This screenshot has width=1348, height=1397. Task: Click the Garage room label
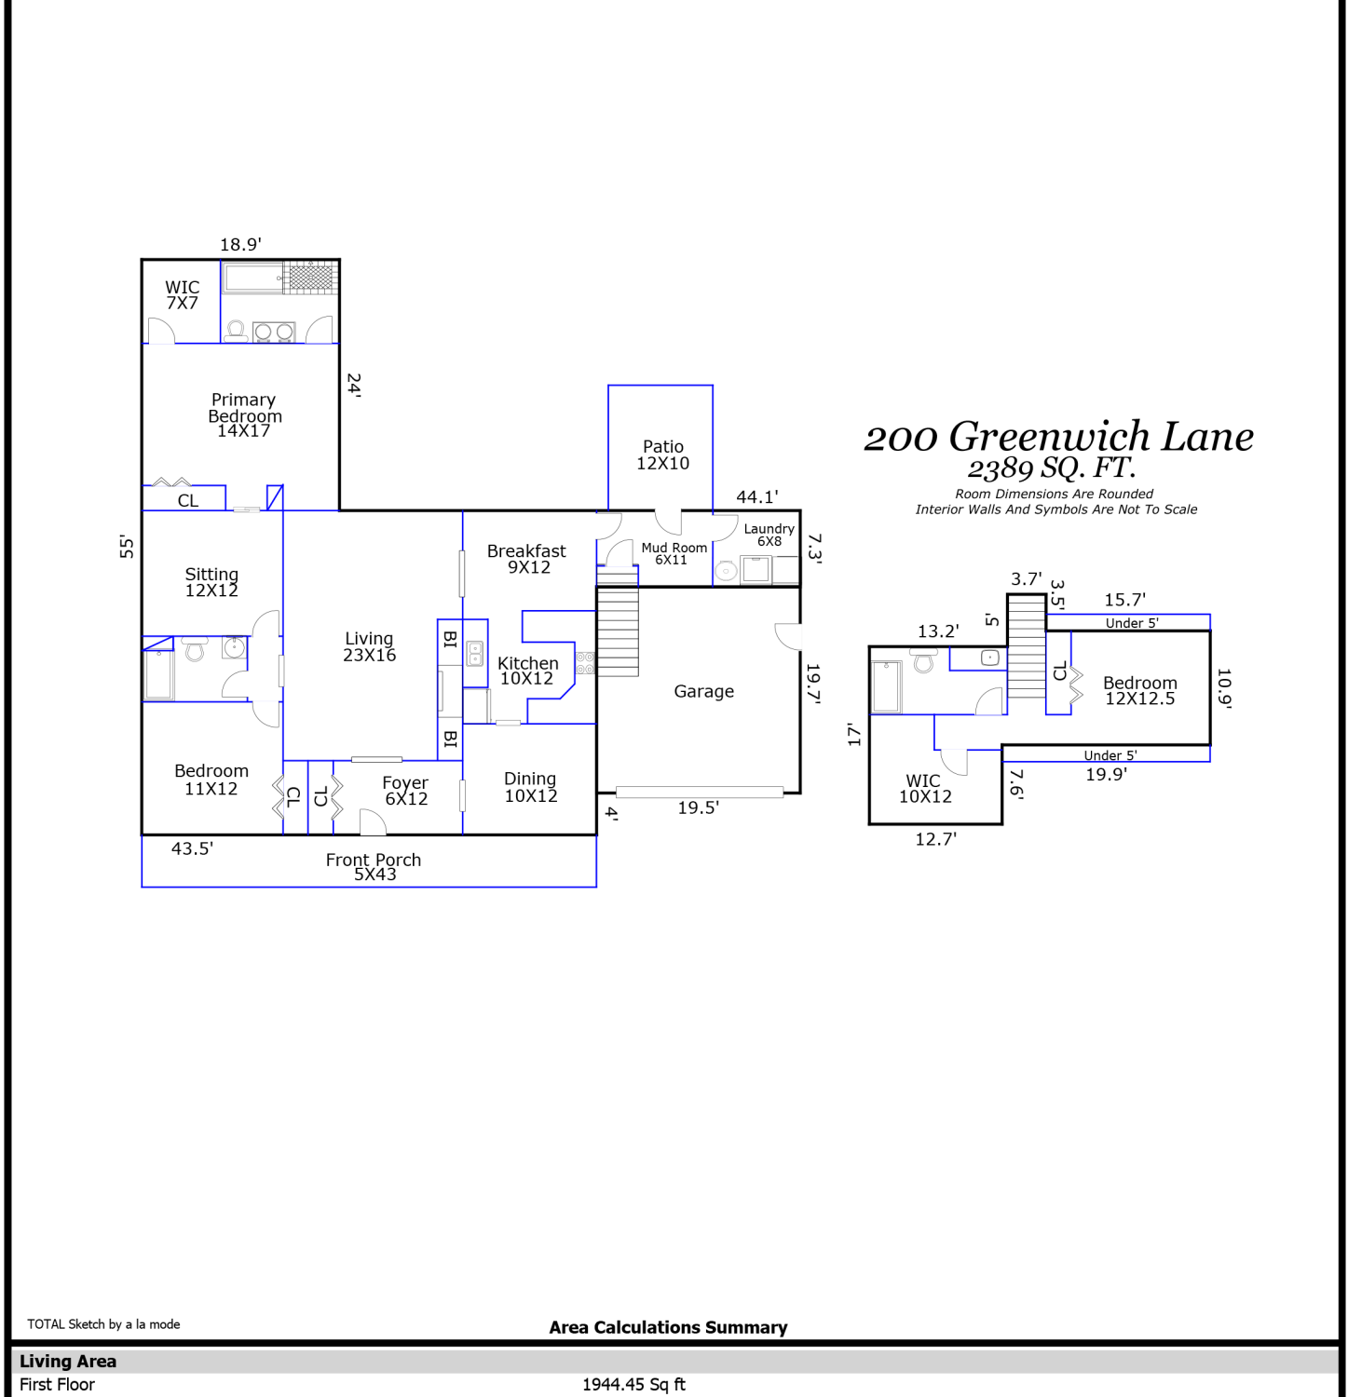[703, 691]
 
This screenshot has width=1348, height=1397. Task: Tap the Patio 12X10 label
[662, 454]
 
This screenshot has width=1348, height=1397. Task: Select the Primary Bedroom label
[244, 414]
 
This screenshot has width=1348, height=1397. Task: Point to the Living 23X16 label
[369, 646]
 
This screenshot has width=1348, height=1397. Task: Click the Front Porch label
[374, 866]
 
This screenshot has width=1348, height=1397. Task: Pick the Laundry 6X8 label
[769, 535]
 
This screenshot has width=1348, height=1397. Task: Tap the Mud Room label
[674, 553]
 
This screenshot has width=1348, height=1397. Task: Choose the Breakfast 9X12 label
[526, 559]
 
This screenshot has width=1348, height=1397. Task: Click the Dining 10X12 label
[530, 786]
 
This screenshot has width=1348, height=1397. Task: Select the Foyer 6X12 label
[405, 791]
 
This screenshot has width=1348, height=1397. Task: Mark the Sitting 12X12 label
[211, 582]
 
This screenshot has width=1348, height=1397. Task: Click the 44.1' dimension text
[757, 497]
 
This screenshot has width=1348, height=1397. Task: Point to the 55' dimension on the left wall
[127, 547]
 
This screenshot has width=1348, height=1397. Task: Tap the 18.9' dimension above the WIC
[240, 245]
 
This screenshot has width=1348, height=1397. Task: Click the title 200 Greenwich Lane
[1059, 437]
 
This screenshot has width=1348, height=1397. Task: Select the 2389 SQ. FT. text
[1052, 468]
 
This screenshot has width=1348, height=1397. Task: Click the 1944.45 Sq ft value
[633, 1385]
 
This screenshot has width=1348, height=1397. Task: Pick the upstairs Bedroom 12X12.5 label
[1140, 690]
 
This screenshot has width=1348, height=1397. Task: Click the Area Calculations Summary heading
[668, 1327]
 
